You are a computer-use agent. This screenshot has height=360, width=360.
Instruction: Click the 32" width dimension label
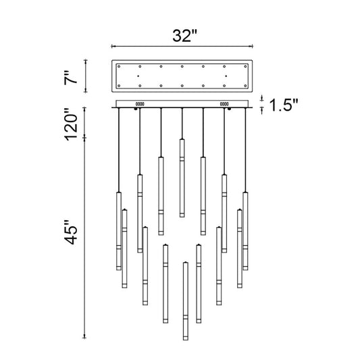click(x=184, y=36)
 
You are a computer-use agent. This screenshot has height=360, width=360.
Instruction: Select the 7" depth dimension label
click(x=71, y=78)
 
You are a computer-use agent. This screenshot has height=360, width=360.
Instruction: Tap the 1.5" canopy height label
click(x=283, y=105)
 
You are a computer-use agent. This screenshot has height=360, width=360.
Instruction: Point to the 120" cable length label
click(x=71, y=124)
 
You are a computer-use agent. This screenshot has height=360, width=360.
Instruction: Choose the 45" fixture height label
click(x=71, y=232)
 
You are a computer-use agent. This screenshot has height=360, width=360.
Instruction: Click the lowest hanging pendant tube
click(x=186, y=301)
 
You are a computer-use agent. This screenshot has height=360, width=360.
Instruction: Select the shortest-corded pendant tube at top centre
click(x=182, y=178)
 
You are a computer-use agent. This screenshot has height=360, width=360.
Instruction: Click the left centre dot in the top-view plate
click(x=138, y=76)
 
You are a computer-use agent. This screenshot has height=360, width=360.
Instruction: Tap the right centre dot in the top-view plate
click(x=226, y=76)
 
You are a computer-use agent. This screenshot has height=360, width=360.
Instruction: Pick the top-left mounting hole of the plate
click(x=119, y=66)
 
